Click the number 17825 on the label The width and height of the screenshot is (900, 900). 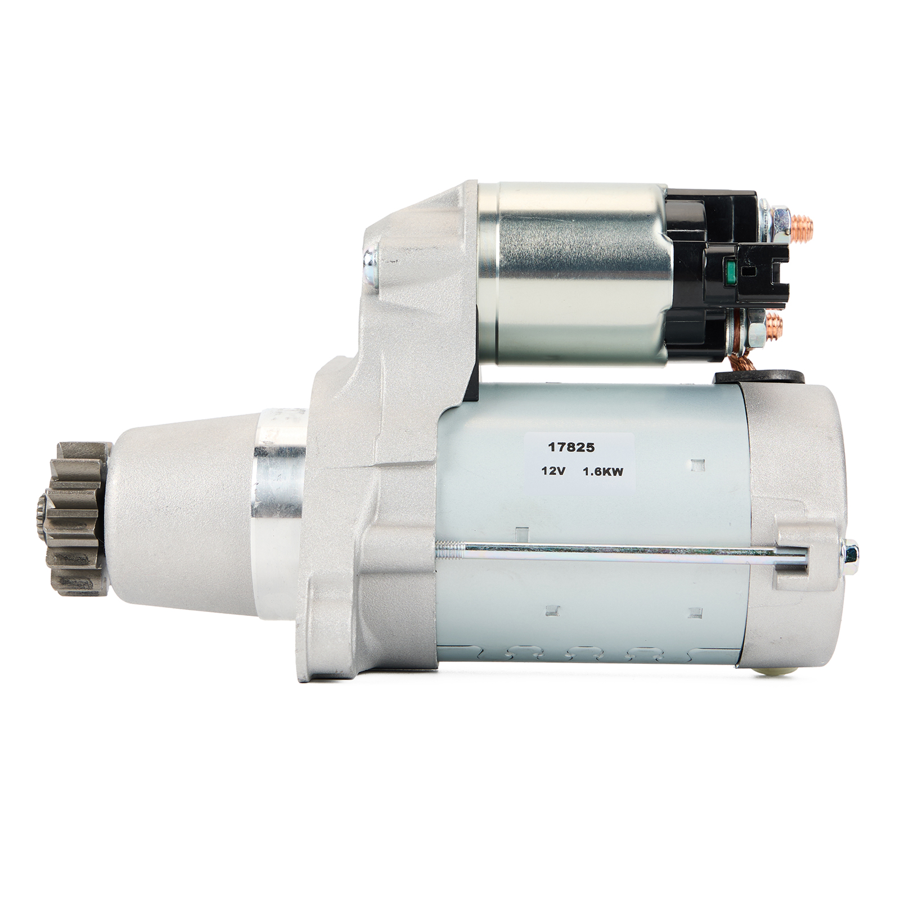click(571, 448)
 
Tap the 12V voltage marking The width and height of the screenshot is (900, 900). click(553, 472)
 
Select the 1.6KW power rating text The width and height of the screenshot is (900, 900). click(603, 472)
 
